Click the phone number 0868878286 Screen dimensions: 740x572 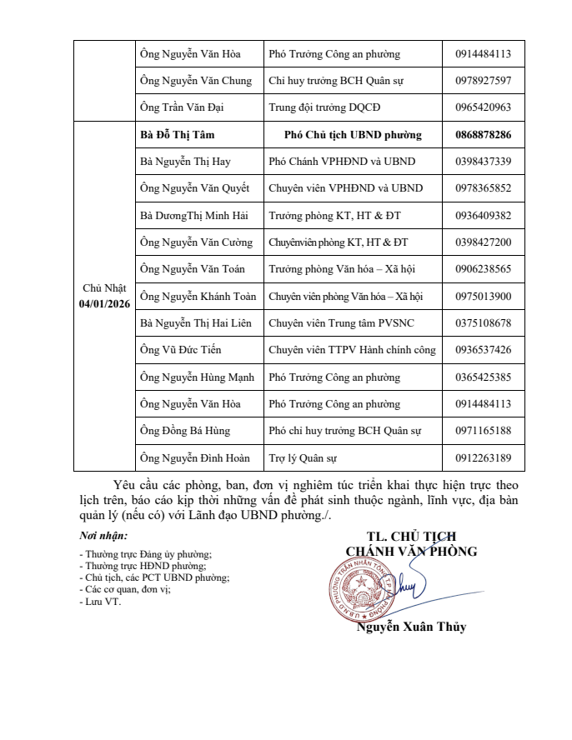pyautogui.click(x=484, y=135)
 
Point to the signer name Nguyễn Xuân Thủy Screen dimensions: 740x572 pyautogui.click(x=411, y=627)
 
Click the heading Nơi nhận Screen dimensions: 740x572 pyautogui.click(x=103, y=536)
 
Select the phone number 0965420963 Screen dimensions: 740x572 pyautogui.click(x=484, y=107)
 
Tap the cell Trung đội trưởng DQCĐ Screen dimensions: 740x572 pyautogui.click(x=324, y=107)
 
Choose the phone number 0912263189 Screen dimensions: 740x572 pyautogui.click(x=484, y=457)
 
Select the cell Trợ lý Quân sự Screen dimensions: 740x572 pyautogui.click(x=303, y=457)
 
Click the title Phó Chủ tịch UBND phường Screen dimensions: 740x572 pyautogui.click(x=353, y=135)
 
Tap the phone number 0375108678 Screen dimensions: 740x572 pyautogui.click(x=484, y=323)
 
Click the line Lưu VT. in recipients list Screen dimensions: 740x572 pyautogui.click(x=101, y=602)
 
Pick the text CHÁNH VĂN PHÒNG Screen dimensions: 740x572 pyautogui.click(x=411, y=551)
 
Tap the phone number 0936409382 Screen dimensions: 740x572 pyautogui.click(x=484, y=216)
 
